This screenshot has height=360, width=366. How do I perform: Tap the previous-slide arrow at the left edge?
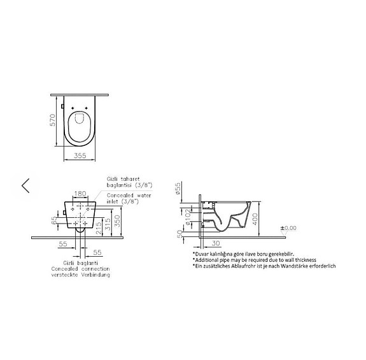pos(25,185)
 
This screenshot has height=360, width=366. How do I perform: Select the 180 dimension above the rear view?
pos(80,193)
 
